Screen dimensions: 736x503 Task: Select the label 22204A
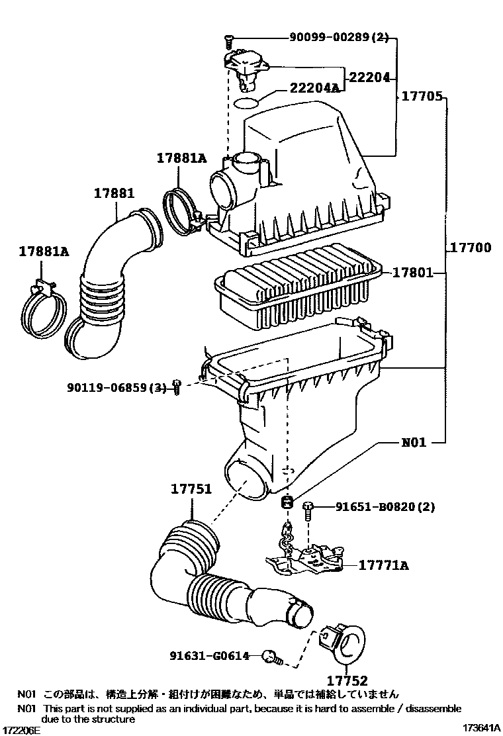314,88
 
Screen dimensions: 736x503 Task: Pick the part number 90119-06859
116,387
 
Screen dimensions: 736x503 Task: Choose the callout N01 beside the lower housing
414,442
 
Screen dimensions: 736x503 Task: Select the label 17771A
384,565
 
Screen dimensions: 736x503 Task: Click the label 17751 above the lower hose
191,490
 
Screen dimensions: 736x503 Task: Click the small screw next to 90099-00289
228,42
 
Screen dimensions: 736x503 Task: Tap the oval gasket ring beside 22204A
247,103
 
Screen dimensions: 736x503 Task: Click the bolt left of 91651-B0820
308,510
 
